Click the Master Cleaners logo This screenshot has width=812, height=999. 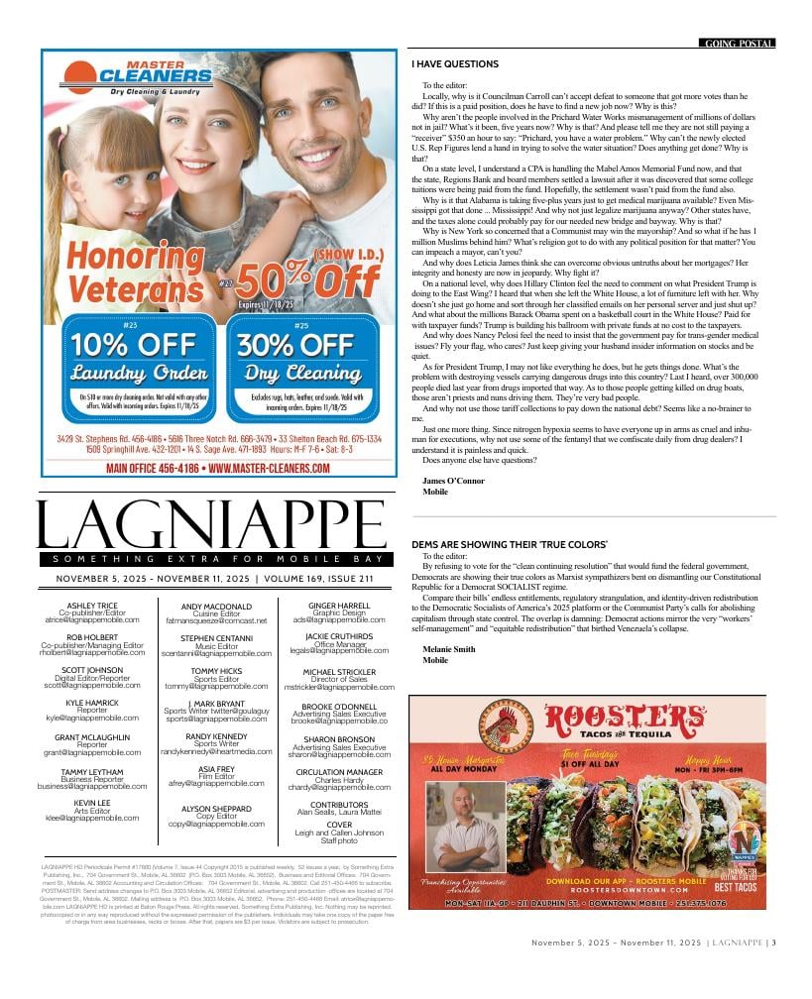coord(138,75)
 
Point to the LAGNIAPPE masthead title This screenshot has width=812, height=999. coord(209,523)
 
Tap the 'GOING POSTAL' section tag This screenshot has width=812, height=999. coord(738,44)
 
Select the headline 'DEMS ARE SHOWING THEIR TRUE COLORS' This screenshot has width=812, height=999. coord(509,545)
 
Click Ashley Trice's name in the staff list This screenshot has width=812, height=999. coord(91,605)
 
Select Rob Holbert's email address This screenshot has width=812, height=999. coord(91,653)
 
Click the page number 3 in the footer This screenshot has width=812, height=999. coord(773,970)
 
